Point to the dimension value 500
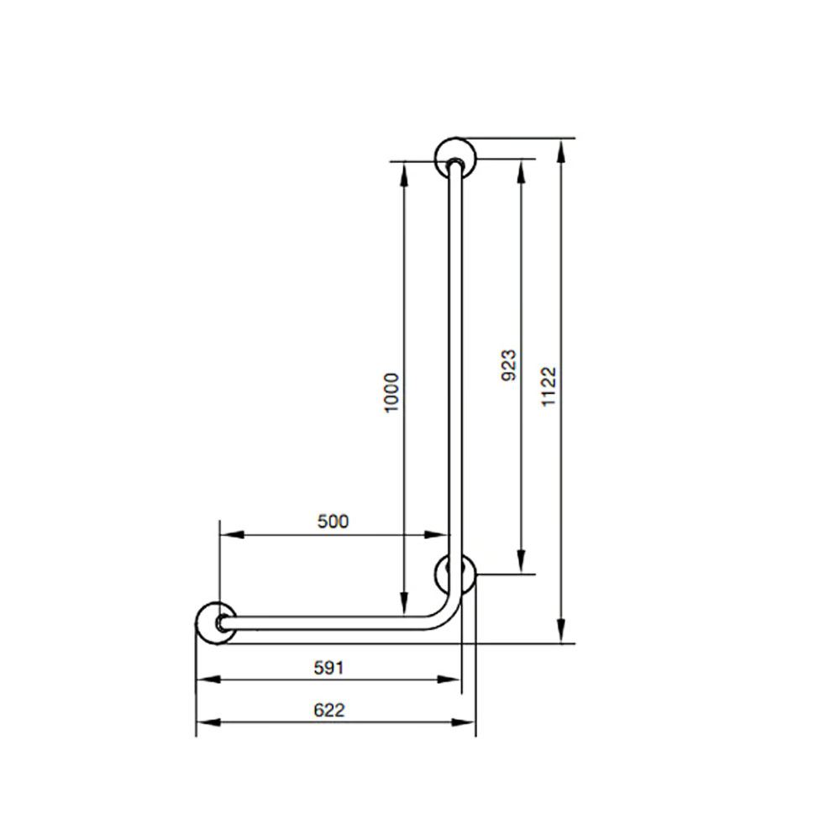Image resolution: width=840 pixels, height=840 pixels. point(333,522)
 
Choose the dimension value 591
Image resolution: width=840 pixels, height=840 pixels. point(328,668)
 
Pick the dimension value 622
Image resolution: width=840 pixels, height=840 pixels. point(329,710)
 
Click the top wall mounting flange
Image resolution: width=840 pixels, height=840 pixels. point(455,158)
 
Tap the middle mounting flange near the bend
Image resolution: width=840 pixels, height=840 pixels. point(456,575)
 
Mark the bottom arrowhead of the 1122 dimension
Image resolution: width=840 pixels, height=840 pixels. point(560,633)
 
